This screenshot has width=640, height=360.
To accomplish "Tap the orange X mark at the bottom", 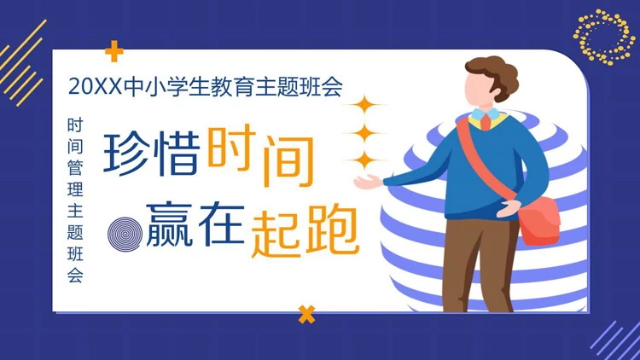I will point(306,314).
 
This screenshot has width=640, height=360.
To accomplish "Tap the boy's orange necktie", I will point(486,121).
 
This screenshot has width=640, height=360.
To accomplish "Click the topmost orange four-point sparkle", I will point(366,107).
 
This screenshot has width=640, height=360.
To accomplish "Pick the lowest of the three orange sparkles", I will point(366,160).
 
